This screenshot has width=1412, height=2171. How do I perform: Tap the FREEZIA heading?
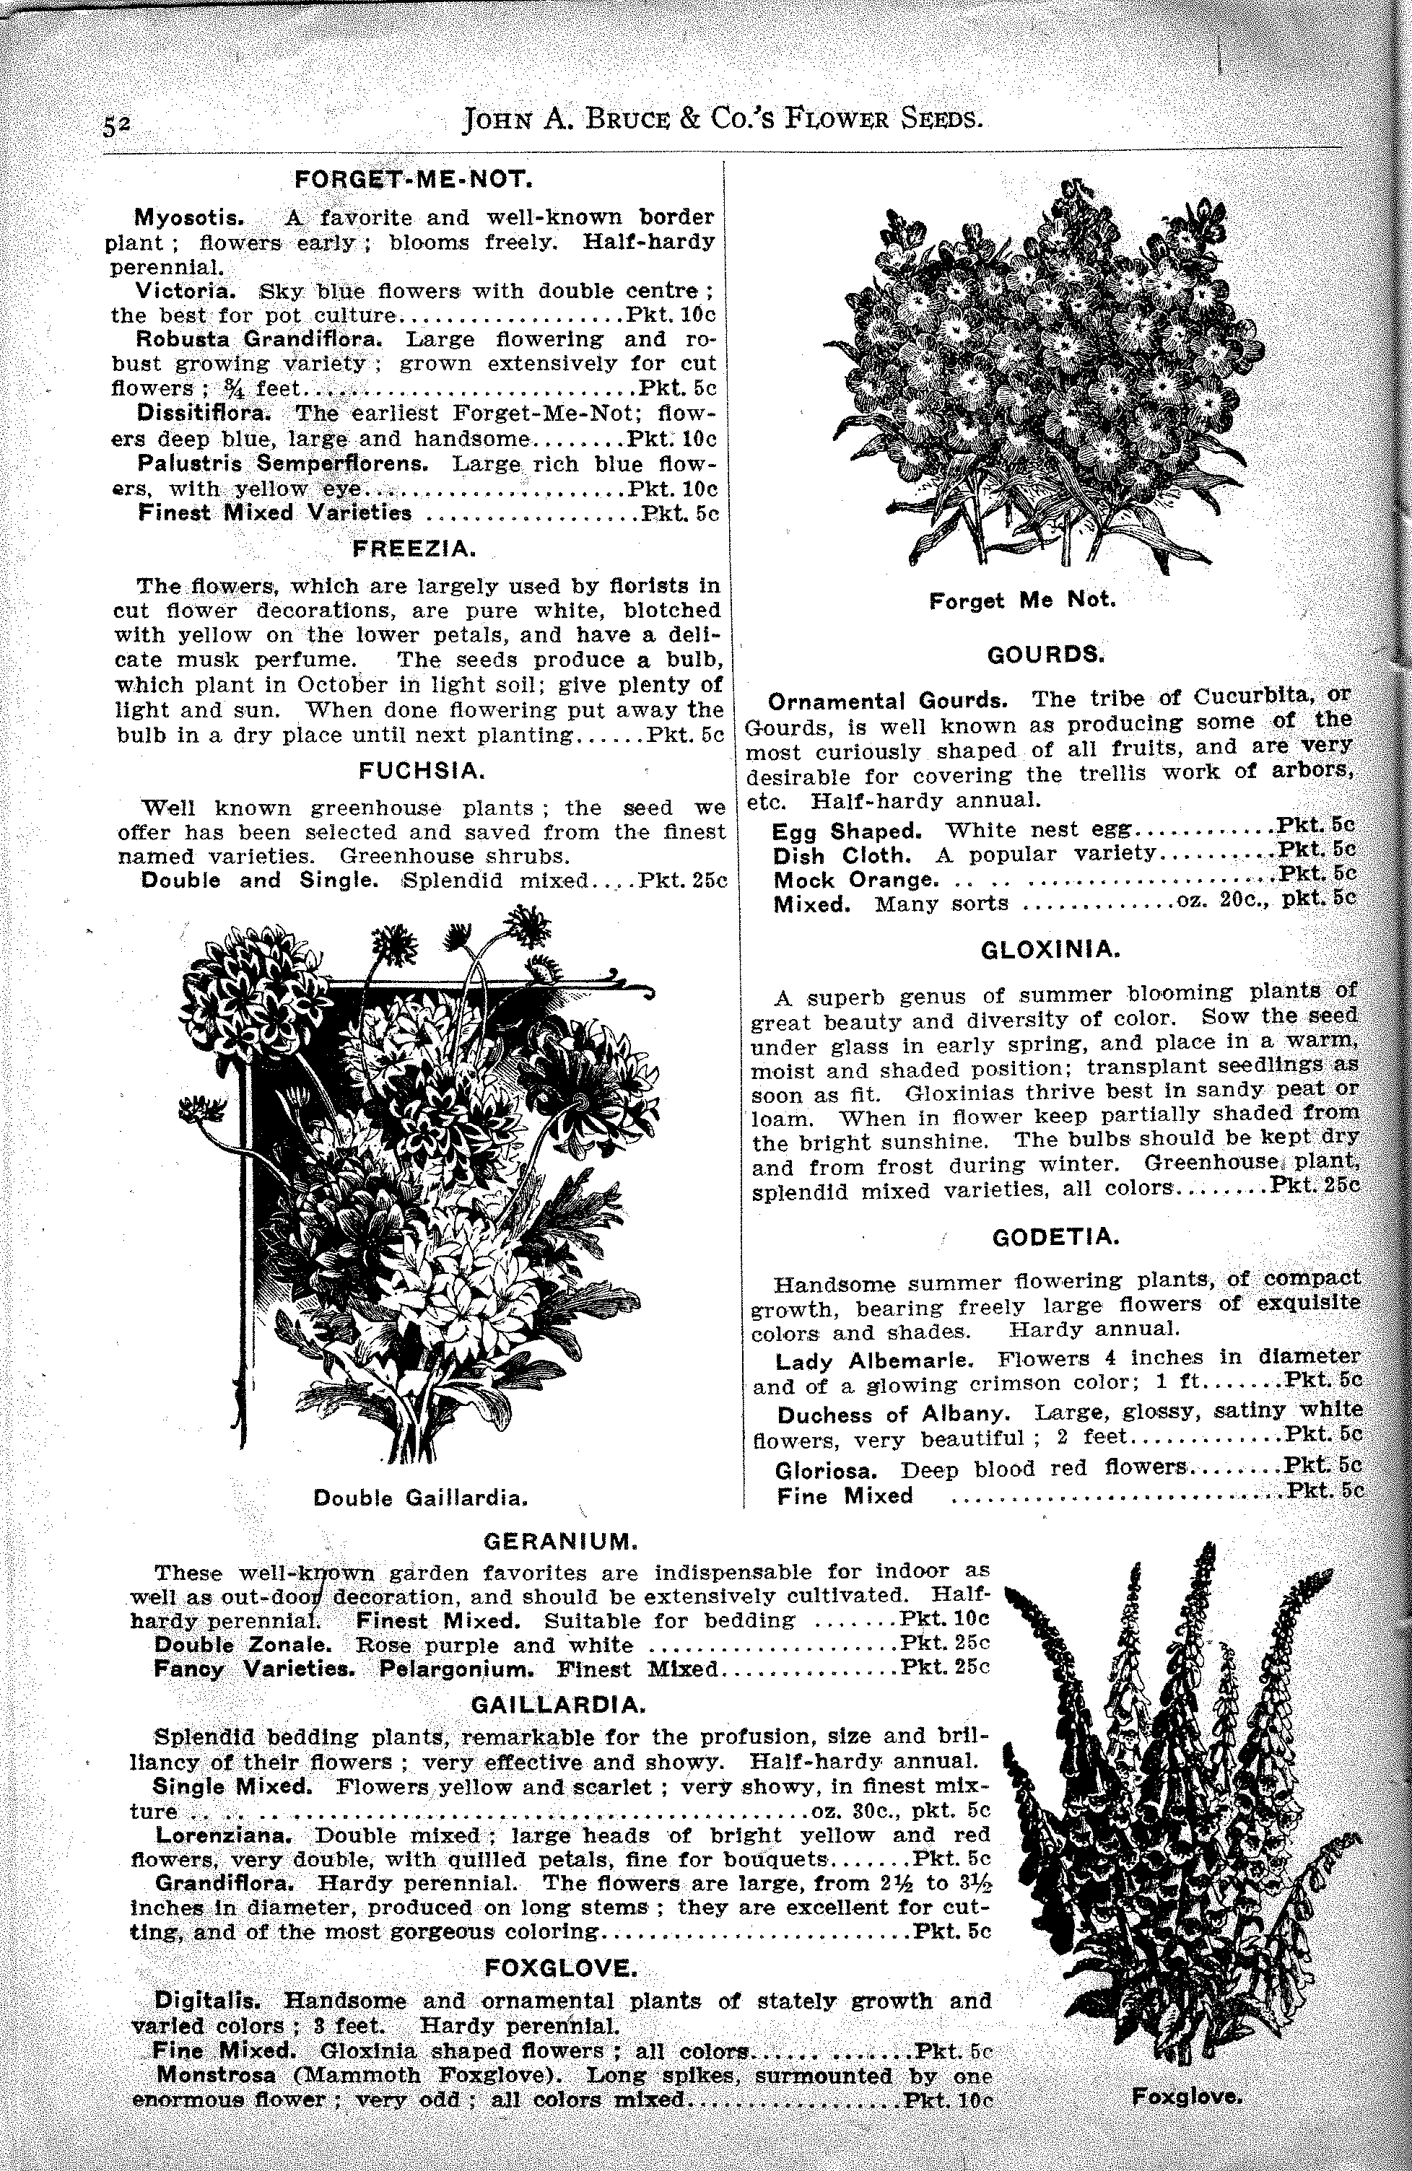click(415, 549)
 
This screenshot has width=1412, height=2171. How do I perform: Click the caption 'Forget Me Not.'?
click(1022, 600)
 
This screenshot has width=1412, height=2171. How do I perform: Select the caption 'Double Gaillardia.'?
click(422, 1498)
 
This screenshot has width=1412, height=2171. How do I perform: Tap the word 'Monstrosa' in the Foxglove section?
click(216, 2094)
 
